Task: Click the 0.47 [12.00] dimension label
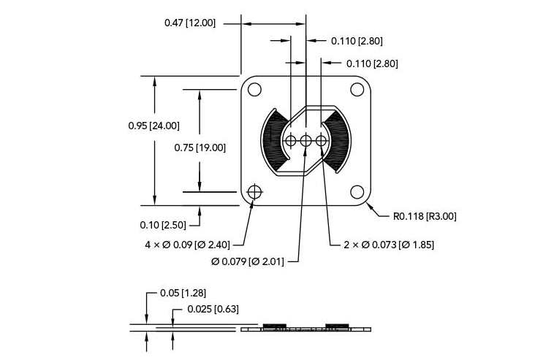(x=190, y=23)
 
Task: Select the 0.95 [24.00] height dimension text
(x=154, y=126)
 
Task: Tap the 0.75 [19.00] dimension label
(x=200, y=148)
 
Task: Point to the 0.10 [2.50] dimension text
(x=163, y=225)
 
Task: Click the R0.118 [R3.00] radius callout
(x=425, y=216)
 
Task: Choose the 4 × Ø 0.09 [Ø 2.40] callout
(x=187, y=245)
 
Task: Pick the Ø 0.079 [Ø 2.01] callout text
(x=247, y=262)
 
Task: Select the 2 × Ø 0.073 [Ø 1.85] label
(x=389, y=245)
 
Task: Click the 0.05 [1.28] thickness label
(x=183, y=293)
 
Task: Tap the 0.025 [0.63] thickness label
(x=213, y=309)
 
